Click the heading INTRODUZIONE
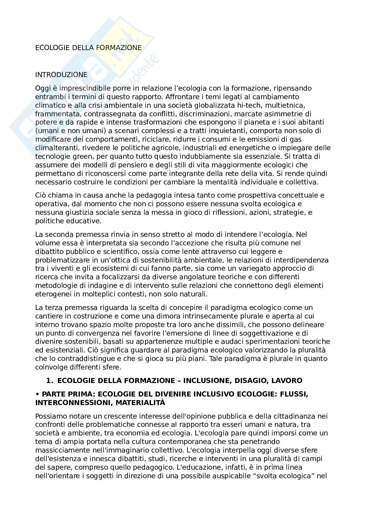tap(61, 75)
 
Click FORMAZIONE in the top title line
tap(119, 48)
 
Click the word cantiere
tap(47, 316)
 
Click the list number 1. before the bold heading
tap(50, 380)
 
